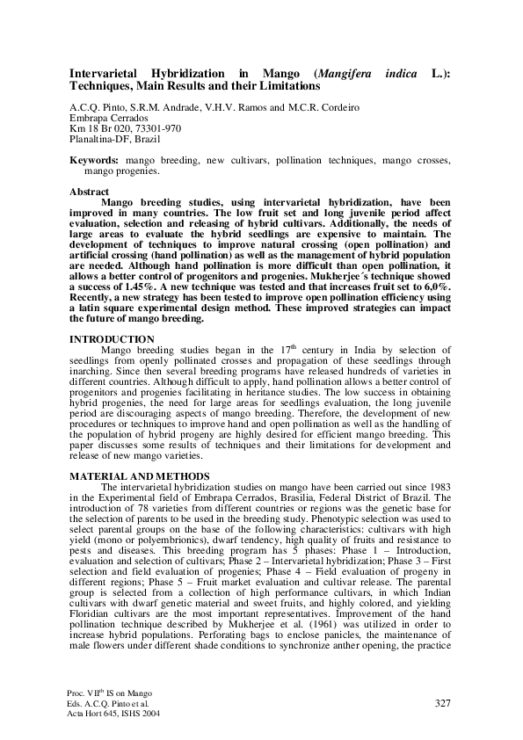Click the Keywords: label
pyautogui.click(x=94, y=162)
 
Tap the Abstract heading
pyautogui.click(x=89, y=192)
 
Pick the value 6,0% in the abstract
pyautogui.click(x=429, y=284)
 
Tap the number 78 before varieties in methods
pyautogui.click(x=140, y=507)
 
